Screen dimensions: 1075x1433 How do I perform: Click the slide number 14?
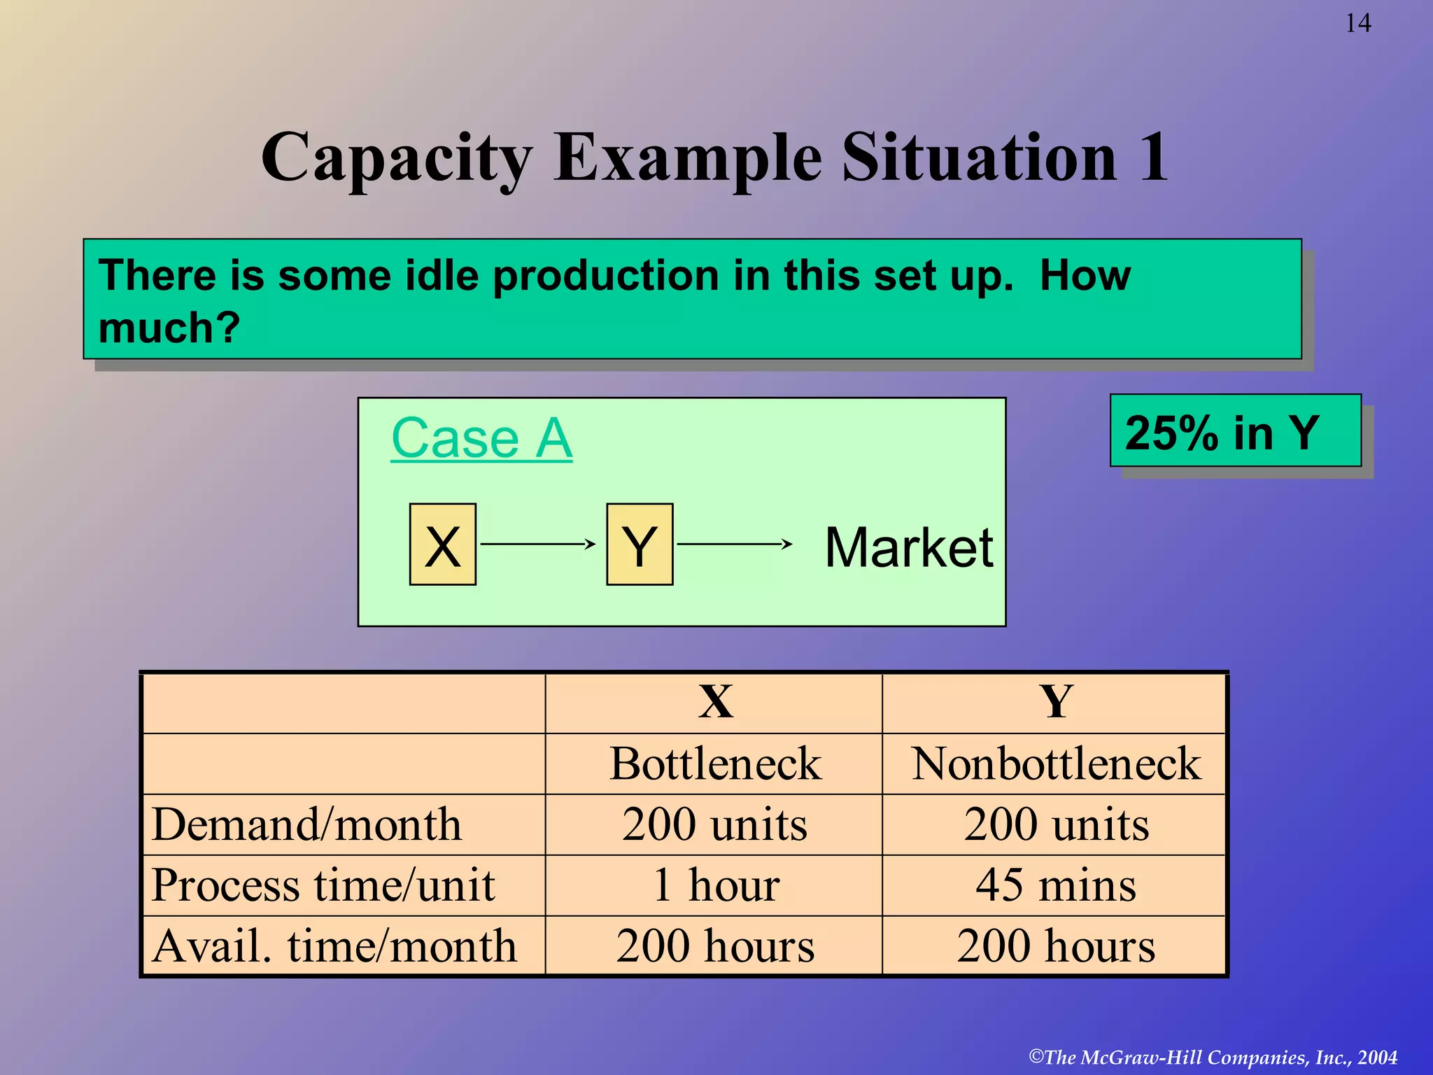[x=1357, y=24]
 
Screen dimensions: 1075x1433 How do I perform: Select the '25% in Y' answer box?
[x=1235, y=431]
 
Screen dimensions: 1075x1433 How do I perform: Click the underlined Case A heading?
[x=481, y=438]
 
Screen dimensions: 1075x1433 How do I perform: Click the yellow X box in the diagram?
[x=443, y=544]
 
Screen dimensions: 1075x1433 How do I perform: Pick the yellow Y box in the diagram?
[x=640, y=544]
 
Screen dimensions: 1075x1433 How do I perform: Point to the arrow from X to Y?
[x=538, y=544]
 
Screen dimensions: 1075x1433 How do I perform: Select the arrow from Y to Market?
[x=735, y=544]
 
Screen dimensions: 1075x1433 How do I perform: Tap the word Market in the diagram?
[x=908, y=547]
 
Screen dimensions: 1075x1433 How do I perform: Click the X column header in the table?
[x=715, y=702]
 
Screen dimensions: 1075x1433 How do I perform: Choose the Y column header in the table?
[x=1055, y=702]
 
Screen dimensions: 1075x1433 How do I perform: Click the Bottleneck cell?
[x=715, y=764]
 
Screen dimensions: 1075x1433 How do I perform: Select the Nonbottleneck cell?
[x=1055, y=764]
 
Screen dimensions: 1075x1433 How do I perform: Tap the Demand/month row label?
[x=306, y=824]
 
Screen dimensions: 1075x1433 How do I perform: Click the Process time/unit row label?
[x=323, y=885]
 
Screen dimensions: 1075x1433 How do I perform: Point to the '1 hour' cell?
[x=715, y=885]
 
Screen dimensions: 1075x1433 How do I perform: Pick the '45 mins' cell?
[x=1055, y=885]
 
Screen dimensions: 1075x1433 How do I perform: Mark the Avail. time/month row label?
[x=334, y=946]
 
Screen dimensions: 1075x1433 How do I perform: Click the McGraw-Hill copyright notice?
[x=1213, y=1057]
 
